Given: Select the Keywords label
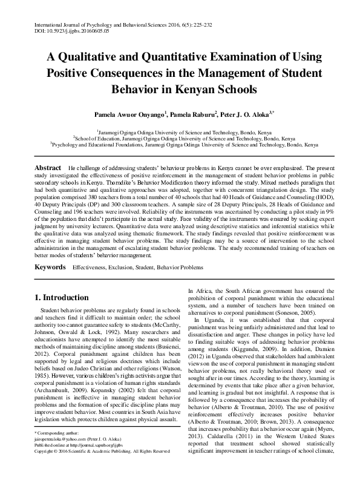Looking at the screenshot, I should (50, 266).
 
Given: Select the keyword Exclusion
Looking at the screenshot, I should (125, 266).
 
